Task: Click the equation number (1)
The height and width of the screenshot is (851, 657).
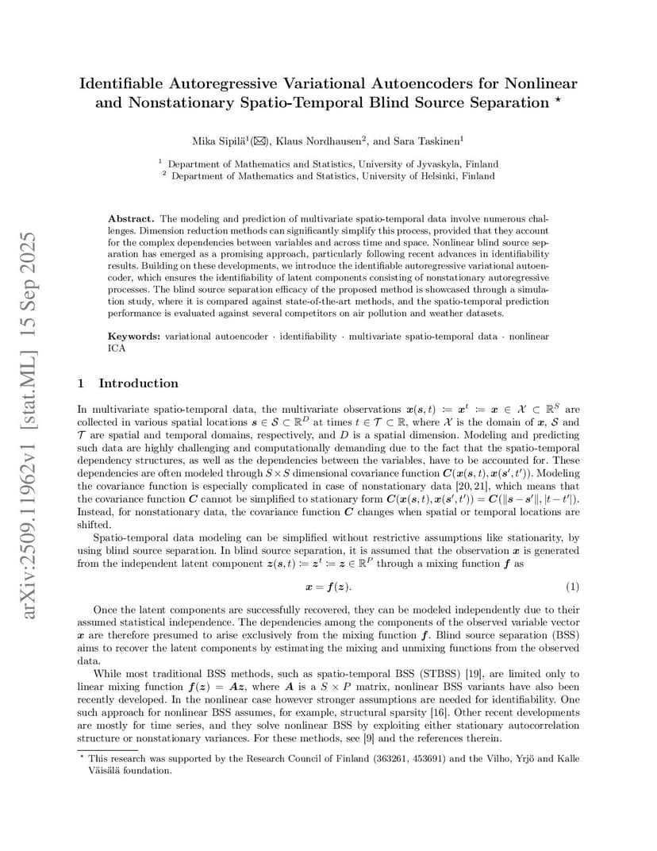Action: [x=572, y=587]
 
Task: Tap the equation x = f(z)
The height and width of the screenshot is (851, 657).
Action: [x=328, y=587]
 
